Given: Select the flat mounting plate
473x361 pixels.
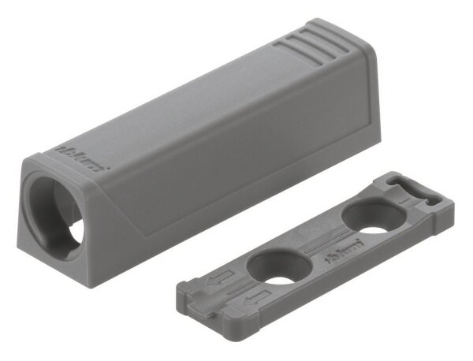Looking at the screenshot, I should click(315, 252).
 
